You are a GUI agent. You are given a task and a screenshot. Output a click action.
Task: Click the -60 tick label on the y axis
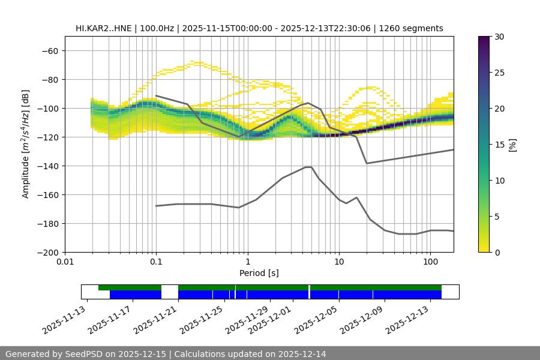pyautogui.click(x=50, y=51)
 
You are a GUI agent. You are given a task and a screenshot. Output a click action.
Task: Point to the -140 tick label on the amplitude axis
pyautogui.click(x=48, y=166)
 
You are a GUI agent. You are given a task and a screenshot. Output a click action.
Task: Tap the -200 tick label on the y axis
pyautogui.click(x=48, y=253)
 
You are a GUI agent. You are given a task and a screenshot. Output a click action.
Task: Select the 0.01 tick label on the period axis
pyautogui.click(x=65, y=262)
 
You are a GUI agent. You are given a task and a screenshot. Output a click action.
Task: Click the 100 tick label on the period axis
pyautogui.click(x=430, y=262)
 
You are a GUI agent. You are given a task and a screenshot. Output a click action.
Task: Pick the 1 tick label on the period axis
pyautogui.click(x=248, y=262)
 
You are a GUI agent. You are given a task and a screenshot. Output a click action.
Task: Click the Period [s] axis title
pyautogui.click(x=259, y=273)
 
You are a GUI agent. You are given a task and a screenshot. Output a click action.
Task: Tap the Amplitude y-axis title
pyautogui.click(x=26, y=144)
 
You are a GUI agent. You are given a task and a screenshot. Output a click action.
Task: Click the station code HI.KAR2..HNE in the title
pyautogui.click(x=103, y=28)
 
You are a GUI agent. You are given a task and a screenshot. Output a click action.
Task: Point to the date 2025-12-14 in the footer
pyautogui.click(x=302, y=354)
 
